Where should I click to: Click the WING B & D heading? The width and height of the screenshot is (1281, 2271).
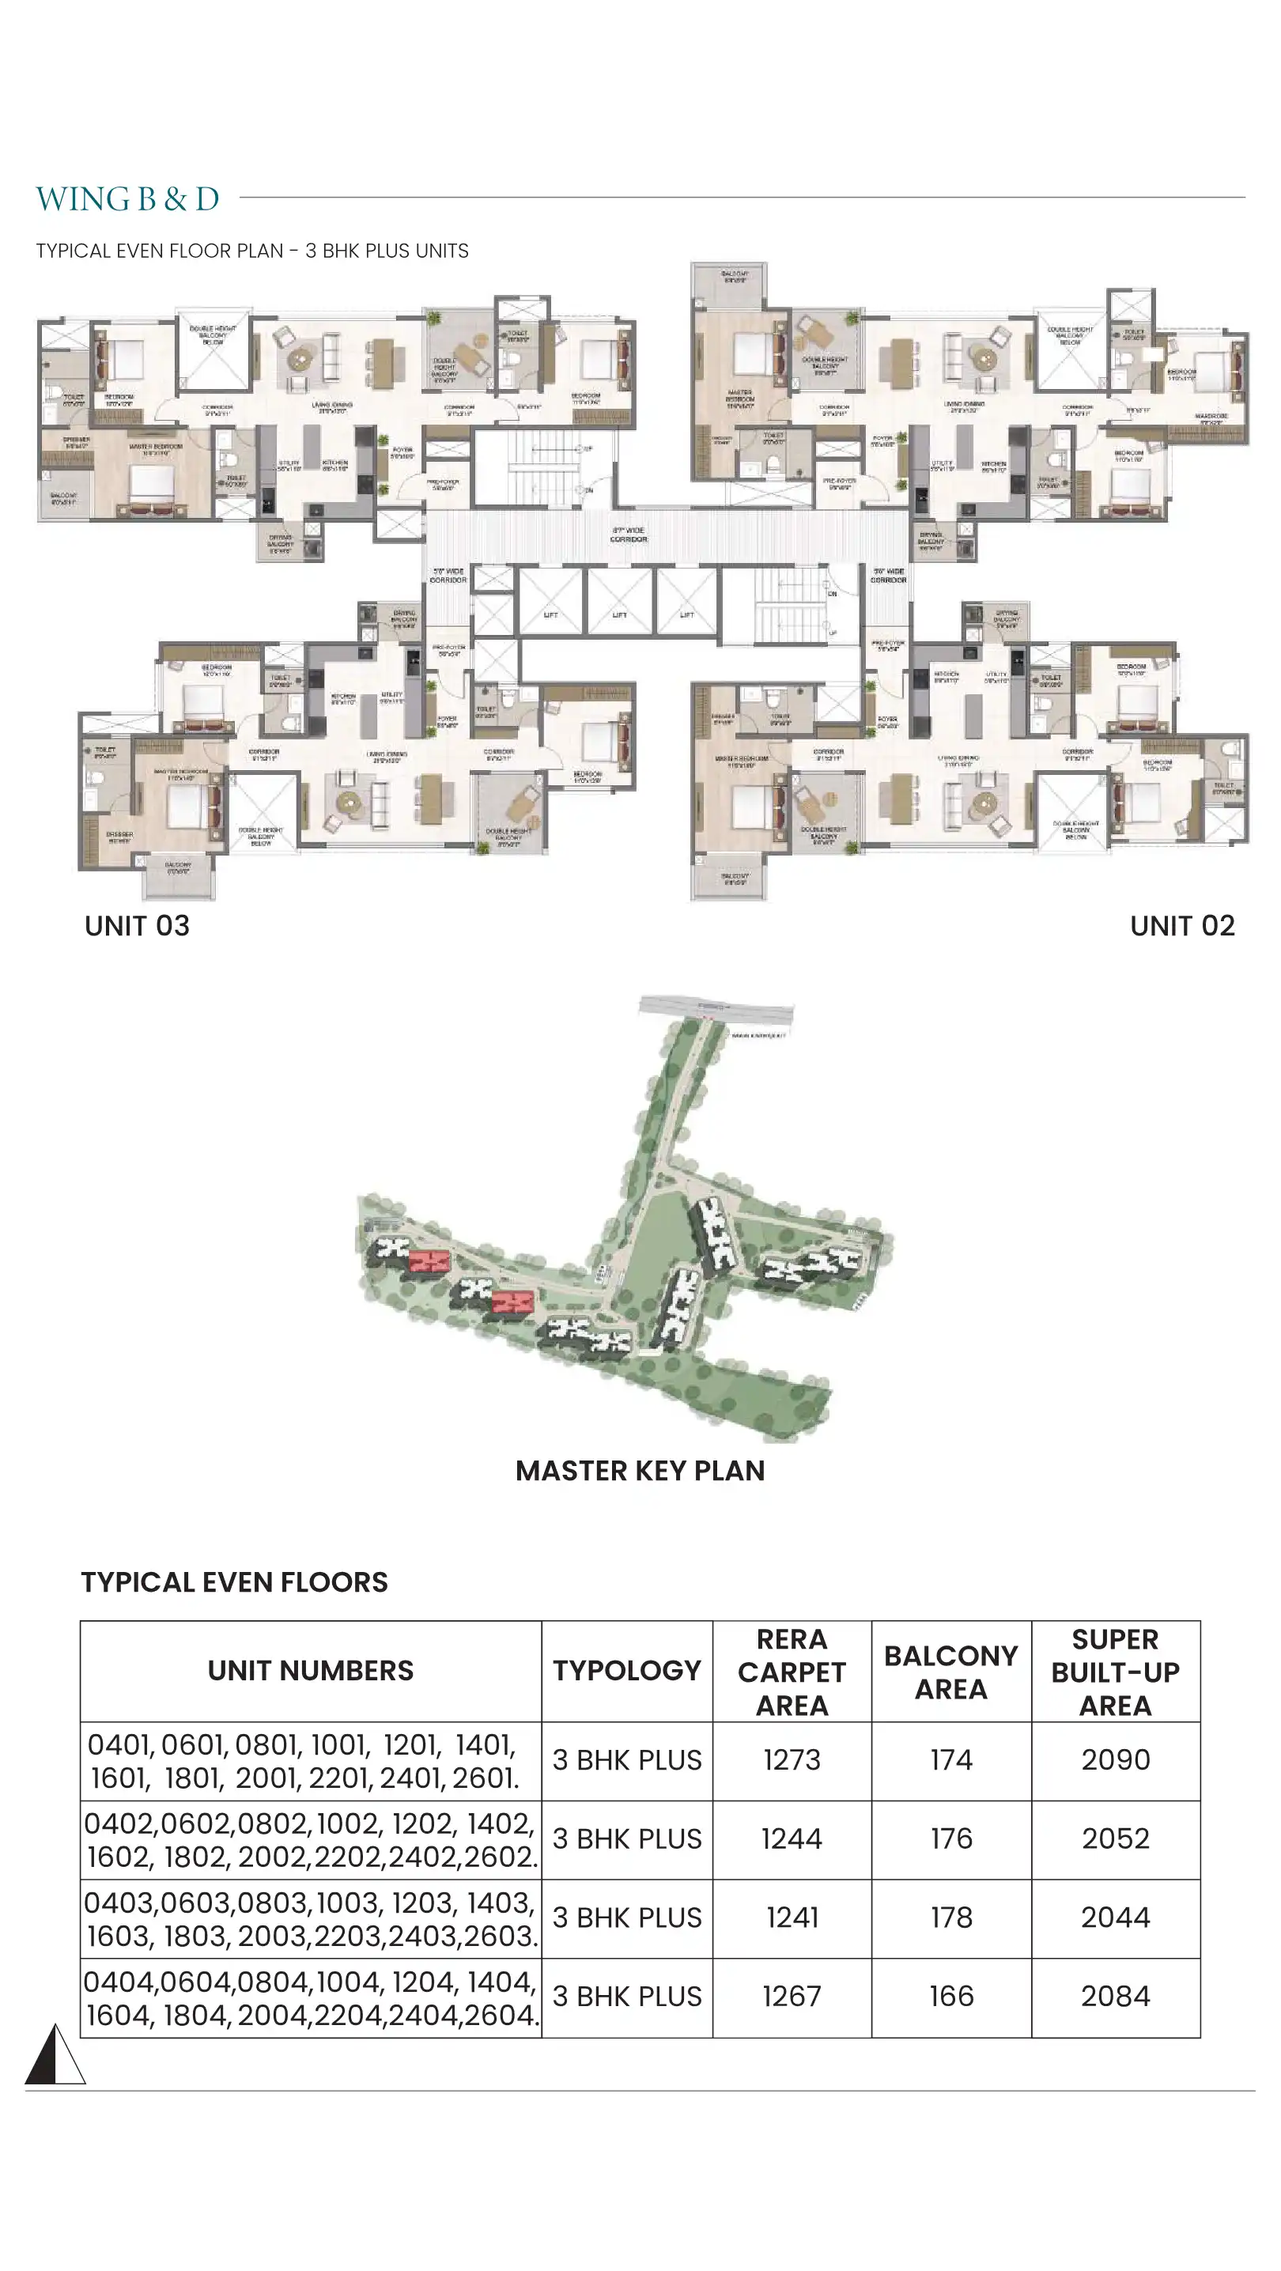[127, 199]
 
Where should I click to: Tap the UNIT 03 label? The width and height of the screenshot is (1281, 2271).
[137, 926]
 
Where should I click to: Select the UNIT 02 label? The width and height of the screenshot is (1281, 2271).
[1181, 926]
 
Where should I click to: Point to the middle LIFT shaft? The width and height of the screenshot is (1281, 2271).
[620, 601]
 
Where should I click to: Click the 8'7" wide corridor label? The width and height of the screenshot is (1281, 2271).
[629, 535]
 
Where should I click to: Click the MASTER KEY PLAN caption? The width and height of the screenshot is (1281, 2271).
[640, 1471]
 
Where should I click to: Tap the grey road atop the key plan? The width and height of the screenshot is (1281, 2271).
[715, 1007]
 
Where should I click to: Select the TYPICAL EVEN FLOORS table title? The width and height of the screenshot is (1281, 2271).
[235, 1582]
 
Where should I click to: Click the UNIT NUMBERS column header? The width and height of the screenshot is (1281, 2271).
[310, 1671]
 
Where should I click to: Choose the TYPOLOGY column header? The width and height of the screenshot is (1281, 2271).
[627, 1671]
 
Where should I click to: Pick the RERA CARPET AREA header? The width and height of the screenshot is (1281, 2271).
[792, 1672]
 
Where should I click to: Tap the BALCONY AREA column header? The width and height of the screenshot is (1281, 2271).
[951, 1672]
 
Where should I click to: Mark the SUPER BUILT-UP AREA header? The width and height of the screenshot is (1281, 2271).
[1115, 1672]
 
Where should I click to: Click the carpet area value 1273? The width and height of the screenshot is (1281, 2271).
[792, 1759]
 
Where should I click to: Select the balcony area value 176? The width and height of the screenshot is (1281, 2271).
[951, 1838]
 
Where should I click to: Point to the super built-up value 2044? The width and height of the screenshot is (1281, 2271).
[1115, 1917]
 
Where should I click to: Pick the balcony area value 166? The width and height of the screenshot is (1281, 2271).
[951, 1996]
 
